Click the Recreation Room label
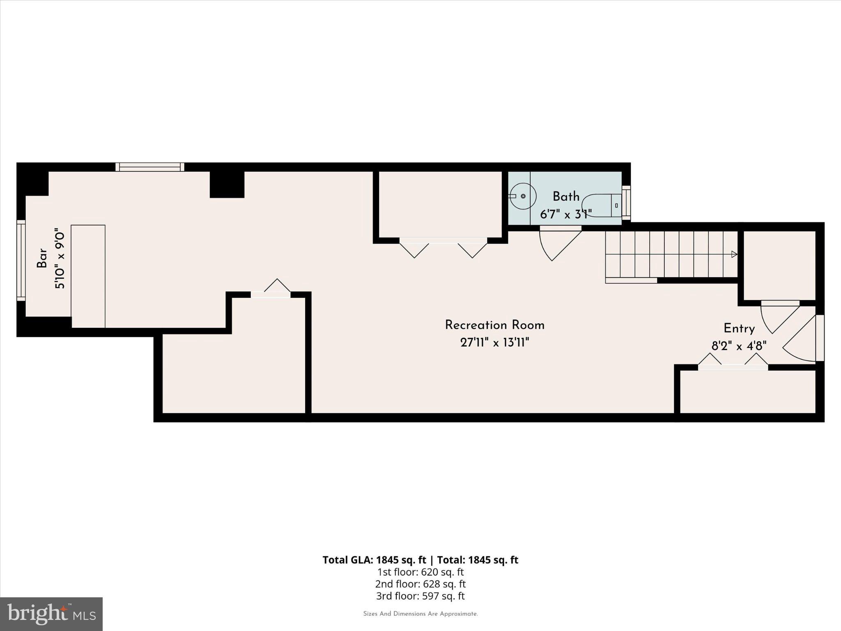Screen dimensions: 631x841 494,325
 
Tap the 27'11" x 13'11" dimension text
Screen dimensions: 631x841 494,343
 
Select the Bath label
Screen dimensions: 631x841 566,197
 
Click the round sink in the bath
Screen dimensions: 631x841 523,196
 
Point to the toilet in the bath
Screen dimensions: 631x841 602,205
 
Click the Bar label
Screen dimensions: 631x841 42,258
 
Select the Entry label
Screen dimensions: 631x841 739,329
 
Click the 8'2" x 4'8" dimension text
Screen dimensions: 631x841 739,346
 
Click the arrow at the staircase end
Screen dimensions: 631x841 734,254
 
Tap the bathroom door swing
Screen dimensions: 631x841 558,244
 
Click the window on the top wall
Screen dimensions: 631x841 149,167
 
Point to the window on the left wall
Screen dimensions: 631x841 21,260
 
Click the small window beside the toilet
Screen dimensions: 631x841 626,201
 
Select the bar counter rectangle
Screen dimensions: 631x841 88,276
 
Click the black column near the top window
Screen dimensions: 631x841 227,184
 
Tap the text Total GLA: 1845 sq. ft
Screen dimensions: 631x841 375,560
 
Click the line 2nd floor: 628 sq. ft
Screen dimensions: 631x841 420,584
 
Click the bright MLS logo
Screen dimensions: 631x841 51,614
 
